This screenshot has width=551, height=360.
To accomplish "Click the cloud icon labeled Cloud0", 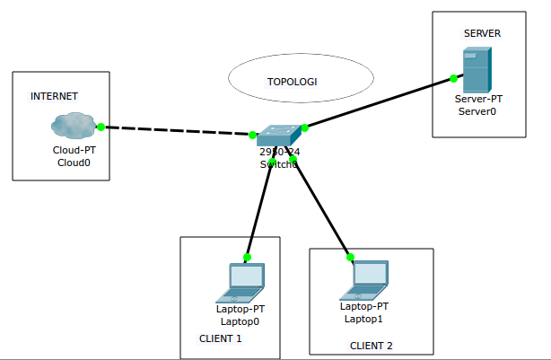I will click(74, 126).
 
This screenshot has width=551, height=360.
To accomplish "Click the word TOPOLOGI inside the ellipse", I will click(292, 82).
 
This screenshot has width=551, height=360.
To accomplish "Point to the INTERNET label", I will click(54, 96).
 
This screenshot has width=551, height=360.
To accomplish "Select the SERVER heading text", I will click(482, 34).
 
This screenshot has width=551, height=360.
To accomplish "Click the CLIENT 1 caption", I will click(221, 338).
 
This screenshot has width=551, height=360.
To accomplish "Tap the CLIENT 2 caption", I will click(371, 346).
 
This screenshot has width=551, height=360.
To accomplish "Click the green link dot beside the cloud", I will click(101, 127).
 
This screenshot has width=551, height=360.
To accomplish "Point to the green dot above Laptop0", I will click(248, 257).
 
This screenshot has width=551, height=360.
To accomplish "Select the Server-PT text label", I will click(477, 100).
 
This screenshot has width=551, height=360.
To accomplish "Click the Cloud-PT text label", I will click(74, 151).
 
